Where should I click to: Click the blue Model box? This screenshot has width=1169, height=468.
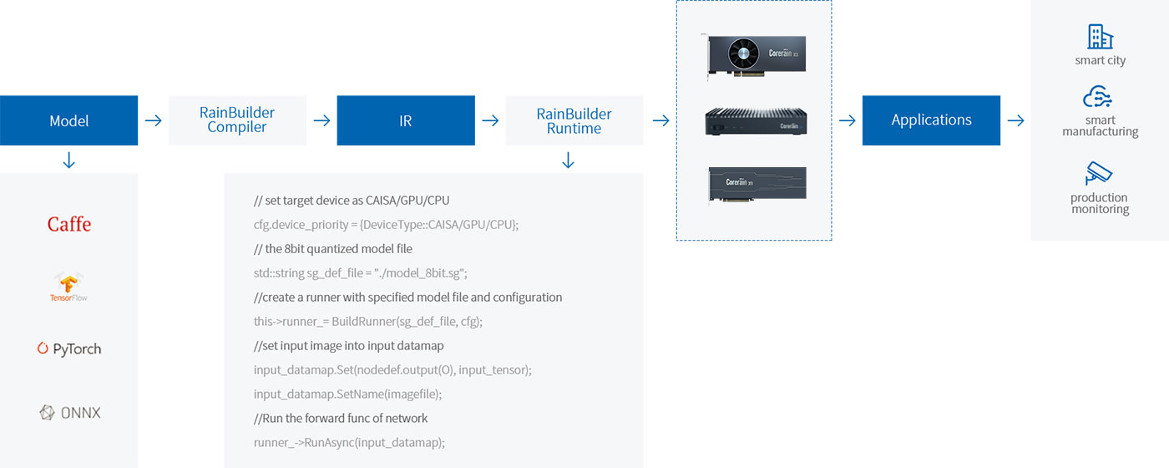tap(68, 120)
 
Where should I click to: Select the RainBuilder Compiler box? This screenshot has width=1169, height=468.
tap(237, 120)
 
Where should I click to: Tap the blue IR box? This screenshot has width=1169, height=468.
tap(406, 120)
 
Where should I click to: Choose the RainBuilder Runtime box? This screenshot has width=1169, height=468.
tap(574, 120)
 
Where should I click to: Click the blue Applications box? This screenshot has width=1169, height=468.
tap(931, 120)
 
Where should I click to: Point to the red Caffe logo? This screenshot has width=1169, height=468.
tap(69, 224)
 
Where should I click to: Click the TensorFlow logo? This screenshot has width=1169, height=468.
tap(68, 287)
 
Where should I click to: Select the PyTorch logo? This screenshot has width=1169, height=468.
tap(69, 349)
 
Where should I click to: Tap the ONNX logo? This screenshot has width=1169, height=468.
tap(70, 412)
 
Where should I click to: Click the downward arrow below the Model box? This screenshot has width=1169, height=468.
tap(69, 160)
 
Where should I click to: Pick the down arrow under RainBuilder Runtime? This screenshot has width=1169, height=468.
tap(569, 160)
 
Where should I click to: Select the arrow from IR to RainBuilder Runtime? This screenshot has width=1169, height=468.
tap(490, 120)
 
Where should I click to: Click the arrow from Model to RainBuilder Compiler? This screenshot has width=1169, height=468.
tap(153, 120)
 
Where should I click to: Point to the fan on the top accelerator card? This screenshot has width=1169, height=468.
tap(744, 54)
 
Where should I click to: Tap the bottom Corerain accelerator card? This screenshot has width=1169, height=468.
tap(757, 185)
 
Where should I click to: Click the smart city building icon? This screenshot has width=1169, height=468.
tap(1100, 37)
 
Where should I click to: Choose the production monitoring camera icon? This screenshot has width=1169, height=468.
tap(1099, 174)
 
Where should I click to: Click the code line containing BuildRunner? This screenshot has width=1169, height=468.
tap(368, 321)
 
